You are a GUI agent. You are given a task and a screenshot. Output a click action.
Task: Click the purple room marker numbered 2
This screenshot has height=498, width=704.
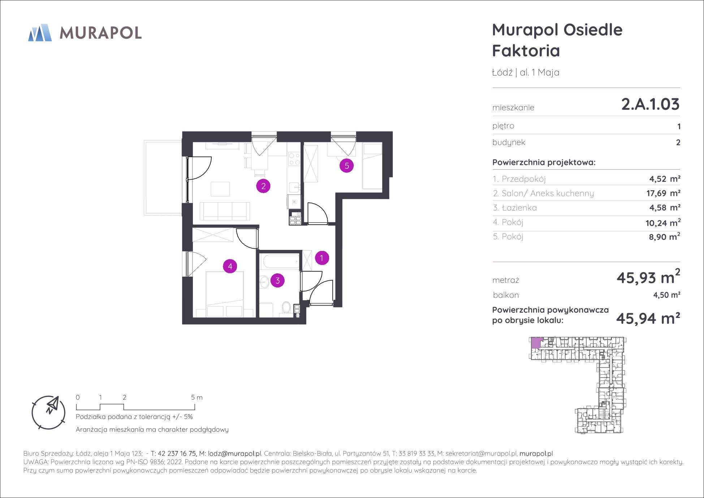[x=263, y=186]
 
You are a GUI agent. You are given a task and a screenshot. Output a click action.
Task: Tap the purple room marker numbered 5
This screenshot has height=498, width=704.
[x=347, y=166]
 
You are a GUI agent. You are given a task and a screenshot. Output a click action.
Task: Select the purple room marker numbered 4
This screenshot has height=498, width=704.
[x=230, y=267]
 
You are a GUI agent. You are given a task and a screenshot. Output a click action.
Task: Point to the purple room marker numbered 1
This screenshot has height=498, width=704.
[x=322, y=258]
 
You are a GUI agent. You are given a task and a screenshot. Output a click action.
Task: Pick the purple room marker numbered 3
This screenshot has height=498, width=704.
[x=277, y=280]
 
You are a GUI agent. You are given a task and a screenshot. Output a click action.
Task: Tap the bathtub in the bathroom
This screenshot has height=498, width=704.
[x=280, y=261]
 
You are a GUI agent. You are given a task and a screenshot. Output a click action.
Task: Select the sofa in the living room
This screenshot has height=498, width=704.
[x=225, y=211]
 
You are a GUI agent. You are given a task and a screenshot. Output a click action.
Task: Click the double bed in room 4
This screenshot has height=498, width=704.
[x=224, y=294]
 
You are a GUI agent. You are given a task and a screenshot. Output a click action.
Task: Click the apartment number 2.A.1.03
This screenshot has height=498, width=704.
[x=650, y=104]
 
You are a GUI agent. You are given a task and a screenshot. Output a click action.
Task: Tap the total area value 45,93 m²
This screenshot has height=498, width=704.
[x=648, y=277]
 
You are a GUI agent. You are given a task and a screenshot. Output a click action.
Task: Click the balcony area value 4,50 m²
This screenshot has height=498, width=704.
[x=667, y=295]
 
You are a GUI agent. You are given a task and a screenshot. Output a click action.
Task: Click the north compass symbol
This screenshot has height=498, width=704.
[x=49, y=412]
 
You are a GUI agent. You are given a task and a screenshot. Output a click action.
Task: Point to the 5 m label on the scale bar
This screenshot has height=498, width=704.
[x=197, y=397]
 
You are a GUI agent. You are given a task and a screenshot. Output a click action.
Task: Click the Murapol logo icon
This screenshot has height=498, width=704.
[x=40, y=33]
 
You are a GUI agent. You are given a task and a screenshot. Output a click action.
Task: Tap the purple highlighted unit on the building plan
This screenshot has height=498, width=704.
[x=536, y=342]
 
